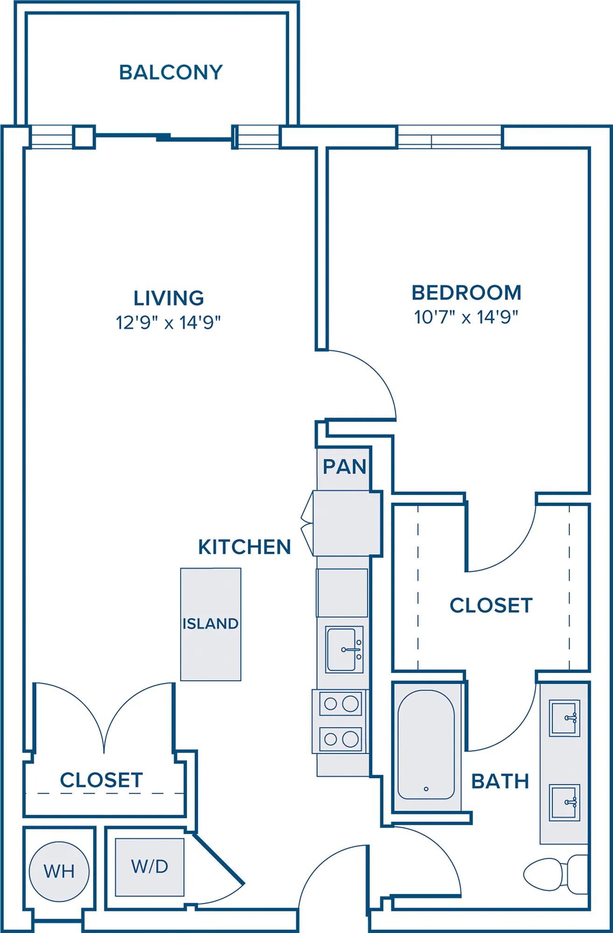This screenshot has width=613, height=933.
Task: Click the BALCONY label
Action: pos(171,72)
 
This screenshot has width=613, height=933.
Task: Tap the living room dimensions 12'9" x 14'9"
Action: pos(168,322)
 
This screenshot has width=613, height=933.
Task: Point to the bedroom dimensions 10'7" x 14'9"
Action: pos(466,317)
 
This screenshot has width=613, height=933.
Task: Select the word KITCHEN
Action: pos(244,547)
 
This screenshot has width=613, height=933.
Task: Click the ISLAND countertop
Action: pos(211,624)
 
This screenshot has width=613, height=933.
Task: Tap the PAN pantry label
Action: pos(344,466)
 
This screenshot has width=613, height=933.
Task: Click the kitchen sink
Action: pos(344,649)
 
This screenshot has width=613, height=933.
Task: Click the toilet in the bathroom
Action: pos(556,873)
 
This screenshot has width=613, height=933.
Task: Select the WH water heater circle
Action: pos(59,871)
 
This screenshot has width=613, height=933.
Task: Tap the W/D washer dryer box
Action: pos(150,867)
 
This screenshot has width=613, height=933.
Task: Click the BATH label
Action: pos(500,781)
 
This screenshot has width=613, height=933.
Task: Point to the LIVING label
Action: pos(169,298)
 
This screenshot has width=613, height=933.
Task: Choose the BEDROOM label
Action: pos(467,292)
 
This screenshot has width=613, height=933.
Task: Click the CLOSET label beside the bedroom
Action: pos(491,605)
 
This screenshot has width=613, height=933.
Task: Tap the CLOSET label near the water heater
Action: pos(101,780)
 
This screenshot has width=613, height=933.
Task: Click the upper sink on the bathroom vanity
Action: pos(564,718)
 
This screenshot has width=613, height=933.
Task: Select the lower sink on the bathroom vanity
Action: pos(564,802)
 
